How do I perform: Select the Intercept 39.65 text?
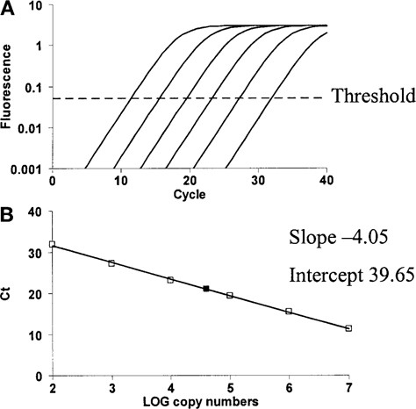(x=344, y=272)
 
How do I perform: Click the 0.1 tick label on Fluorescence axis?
(x=33, y=86)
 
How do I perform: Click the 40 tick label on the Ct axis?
(x=34, y=212)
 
